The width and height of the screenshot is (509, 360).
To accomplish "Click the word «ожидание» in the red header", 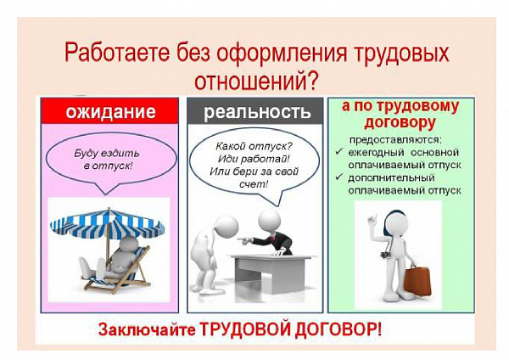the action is [x=110, y=111].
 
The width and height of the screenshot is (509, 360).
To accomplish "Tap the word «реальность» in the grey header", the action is [x=257, y=112].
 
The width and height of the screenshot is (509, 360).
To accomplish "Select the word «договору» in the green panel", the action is [x=400, y=123].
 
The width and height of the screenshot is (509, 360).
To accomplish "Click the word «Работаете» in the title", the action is [x=117, y=53].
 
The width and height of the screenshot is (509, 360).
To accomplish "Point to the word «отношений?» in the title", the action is [x=255, y=81].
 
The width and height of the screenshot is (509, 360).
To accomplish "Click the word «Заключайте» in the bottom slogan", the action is [x=147, y=329].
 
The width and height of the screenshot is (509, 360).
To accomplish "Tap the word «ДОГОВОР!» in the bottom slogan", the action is [x=338, y=329].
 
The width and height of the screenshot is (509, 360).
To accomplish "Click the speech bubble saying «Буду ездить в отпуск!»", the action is [x=111, y=161].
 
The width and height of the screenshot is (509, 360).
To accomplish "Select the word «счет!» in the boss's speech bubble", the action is [x=254, y=184].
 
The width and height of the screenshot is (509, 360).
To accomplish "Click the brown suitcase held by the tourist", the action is [x=417, y=279].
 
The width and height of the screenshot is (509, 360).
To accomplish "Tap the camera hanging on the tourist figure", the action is [x=386, y=253].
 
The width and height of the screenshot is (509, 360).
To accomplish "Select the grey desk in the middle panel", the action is [x=272, y=273].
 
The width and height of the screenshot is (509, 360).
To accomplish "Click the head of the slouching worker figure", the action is [x=227, y=225].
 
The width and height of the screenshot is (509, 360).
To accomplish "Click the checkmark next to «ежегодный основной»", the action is [x=339, y=152].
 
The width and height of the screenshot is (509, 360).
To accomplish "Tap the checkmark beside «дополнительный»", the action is [x=339, y=177].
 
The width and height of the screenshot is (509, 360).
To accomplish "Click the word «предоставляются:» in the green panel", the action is [x=395, y=140].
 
